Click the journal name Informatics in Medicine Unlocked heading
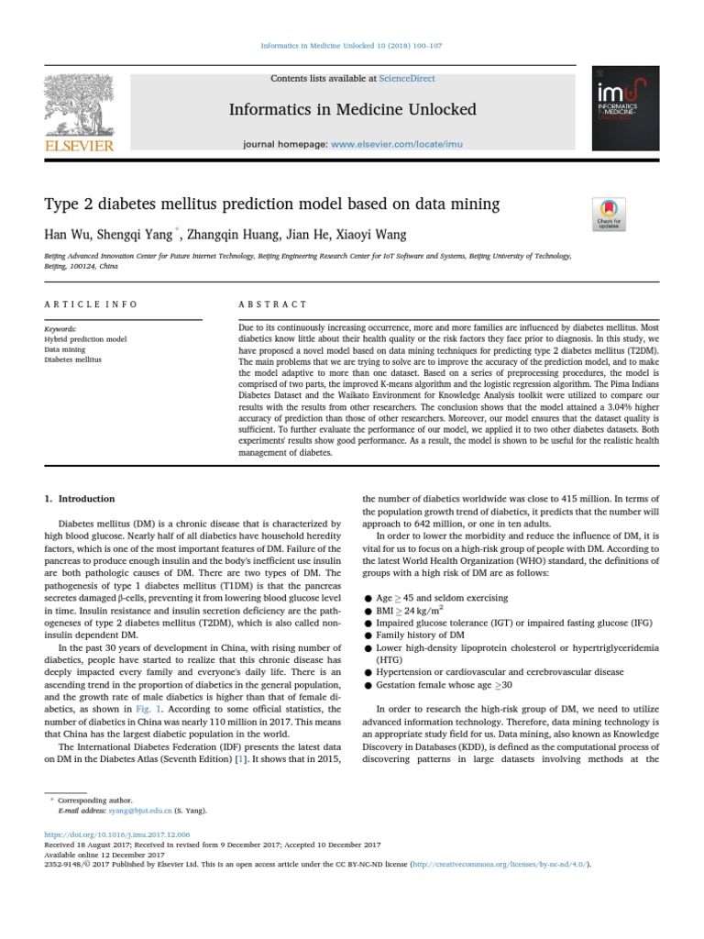353,110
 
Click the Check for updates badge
609,214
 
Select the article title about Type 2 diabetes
271,204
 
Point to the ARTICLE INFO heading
91,304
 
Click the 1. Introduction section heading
80,499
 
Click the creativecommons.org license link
500,864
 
